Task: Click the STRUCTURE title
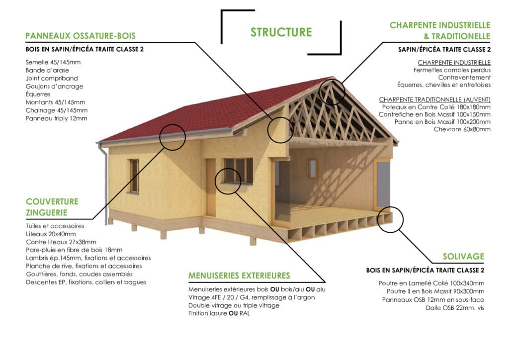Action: pos(281,32)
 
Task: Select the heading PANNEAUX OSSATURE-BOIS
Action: pos(81,36)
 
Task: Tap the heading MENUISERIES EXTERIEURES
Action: pos(239,275)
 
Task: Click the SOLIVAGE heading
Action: pos(463,257)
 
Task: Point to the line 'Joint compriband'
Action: pos(52,78)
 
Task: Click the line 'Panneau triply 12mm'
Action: pos(56,118)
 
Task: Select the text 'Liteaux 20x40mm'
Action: pos(51,234)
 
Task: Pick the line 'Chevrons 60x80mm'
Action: pos(462,129)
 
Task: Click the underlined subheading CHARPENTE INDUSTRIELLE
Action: pos(454,62)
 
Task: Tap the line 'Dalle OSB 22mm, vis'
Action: pos(455,308)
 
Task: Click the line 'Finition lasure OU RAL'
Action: pos(219,313)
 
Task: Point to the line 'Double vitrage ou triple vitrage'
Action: pos(234,305)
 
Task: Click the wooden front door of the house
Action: pos(210,187)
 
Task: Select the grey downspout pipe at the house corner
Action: pos(105,184)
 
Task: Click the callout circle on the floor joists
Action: pos(391,232)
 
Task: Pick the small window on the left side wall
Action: pos(134,176)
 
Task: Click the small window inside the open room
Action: pos(312,168)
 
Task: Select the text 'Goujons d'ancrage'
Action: pos(54,87)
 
